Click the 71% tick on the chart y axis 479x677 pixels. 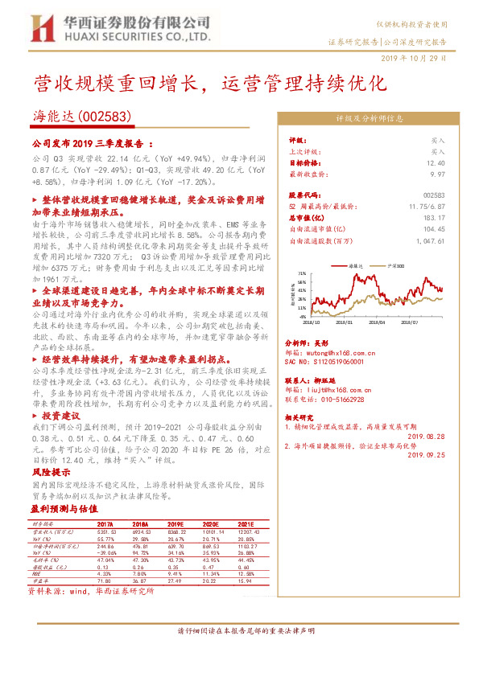coord(300,273)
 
